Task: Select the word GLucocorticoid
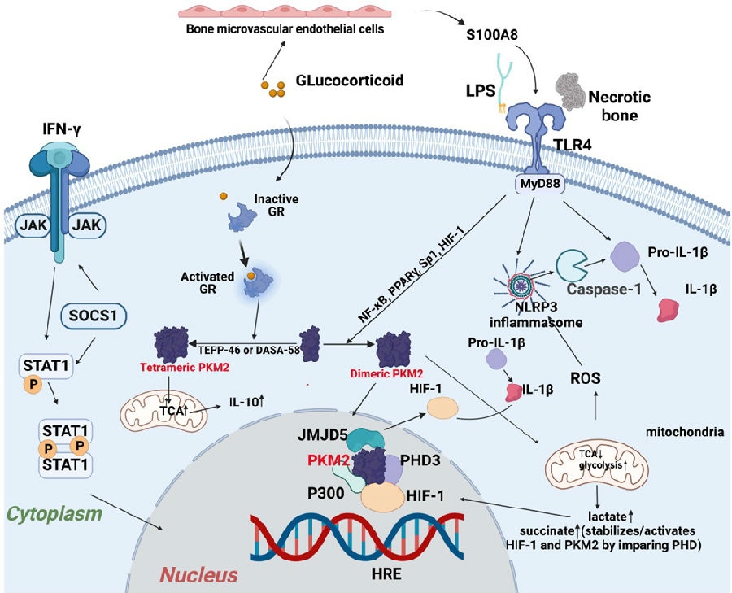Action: tap(344, 83)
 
